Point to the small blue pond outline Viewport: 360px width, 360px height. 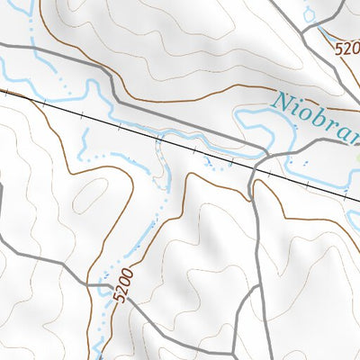coord(310,13)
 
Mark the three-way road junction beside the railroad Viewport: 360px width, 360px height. coord(255,171)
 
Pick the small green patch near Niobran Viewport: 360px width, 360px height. coord(356,155)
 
